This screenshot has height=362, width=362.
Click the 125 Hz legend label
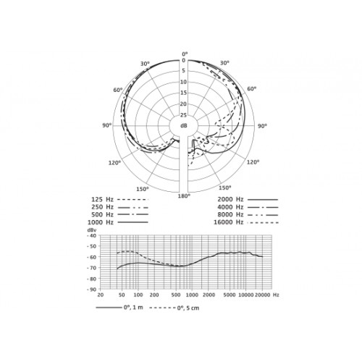tap(102, 200)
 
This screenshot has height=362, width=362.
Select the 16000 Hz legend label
tap(228, 222)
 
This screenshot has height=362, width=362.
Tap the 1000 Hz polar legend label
tap(101, 222)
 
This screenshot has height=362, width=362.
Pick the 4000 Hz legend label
tap(230, 207)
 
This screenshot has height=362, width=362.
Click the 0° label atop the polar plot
tap(185, 54)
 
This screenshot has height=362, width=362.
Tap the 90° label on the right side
tap(263, 126)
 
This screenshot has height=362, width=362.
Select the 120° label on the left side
tap(114, 163)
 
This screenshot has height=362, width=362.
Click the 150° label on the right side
tap(225, 188)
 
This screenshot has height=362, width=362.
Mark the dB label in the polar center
tap(184, 125)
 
